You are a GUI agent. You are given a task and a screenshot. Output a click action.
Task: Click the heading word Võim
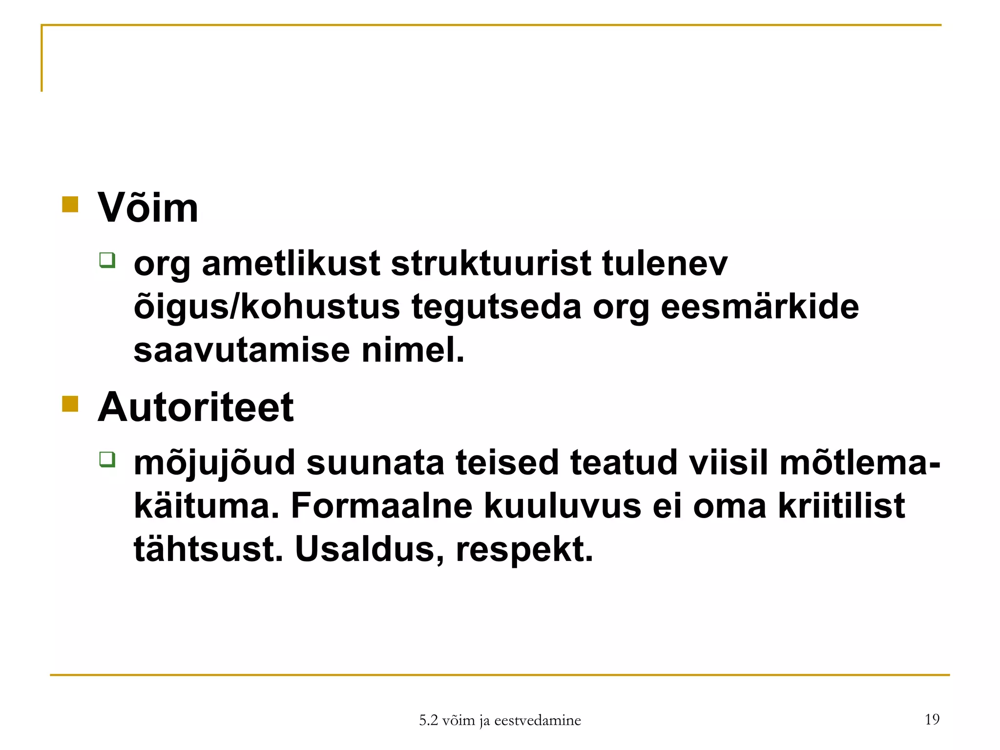148,208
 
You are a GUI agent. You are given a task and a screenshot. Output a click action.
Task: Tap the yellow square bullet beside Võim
70,205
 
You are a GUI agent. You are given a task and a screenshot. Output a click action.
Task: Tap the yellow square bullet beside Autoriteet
70,404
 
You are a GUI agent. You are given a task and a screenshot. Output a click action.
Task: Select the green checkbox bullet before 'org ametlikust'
107,260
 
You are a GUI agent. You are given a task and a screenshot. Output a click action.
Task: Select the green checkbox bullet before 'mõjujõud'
107,459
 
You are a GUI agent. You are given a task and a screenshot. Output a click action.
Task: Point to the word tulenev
665,264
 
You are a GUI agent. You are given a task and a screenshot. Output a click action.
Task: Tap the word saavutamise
242,350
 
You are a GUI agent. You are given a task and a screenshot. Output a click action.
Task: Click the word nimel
413,350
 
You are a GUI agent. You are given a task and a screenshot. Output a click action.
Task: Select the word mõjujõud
214,463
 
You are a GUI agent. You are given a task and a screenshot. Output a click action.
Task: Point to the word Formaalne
381,506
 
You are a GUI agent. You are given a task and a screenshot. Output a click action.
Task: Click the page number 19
932,719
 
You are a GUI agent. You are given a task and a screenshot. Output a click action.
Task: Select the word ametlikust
291,264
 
